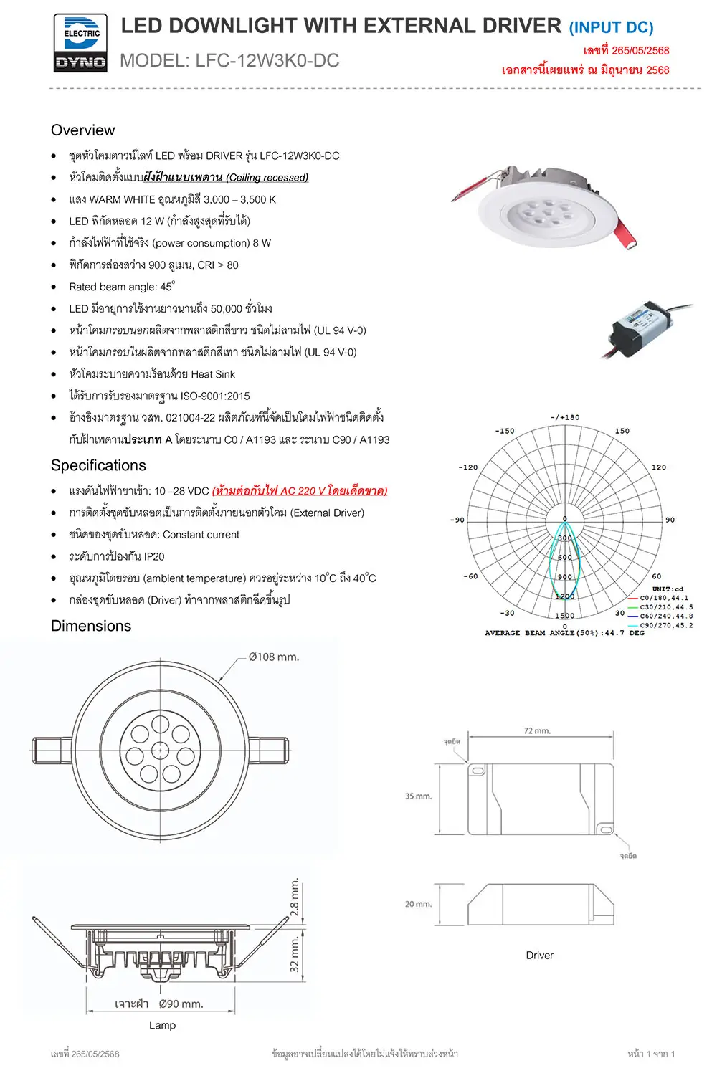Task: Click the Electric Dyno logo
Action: click(80, 44)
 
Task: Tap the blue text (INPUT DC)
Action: click(611, 28)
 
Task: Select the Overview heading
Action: click(82, 130)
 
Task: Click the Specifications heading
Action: click(98, 465)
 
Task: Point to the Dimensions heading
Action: click(91, 626)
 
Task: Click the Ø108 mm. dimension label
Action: click(274, 657)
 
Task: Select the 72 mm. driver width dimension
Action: click(537, 731)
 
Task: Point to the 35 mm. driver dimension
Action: click(419, 796)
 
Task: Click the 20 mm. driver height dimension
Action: click(419, 904)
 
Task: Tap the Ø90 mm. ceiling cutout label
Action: click(181, 1004)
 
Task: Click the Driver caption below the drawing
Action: click(539, 956)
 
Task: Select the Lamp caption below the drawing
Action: click(162, 1025)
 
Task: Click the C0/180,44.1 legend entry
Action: click(663, 598)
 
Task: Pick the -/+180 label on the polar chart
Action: click(565, 417)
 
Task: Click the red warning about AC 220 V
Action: click(300, 491)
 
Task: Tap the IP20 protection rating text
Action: click(154, 556)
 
